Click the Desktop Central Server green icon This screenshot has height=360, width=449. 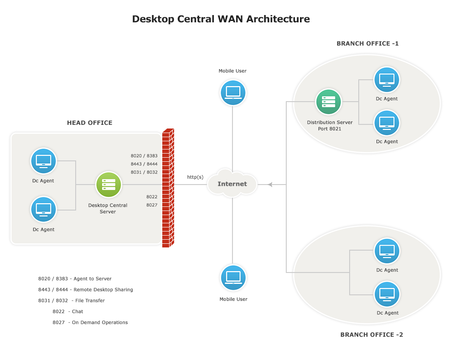[x=108, y=185]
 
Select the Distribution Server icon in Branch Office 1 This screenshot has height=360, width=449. [x=329, y=102]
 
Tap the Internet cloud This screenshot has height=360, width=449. [x=232, y=184]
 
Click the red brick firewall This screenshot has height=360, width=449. [x=168, y=188]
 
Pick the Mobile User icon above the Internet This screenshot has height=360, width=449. [x=233, y=92]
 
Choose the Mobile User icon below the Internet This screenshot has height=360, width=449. [x=233, y=278]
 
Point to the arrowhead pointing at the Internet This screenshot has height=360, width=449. [x=270, y=185]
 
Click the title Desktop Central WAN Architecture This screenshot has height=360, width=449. [x=221, y=19]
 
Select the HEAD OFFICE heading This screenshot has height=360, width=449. [x=89, y=123]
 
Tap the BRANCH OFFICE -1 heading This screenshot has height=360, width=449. [x=367, y=44]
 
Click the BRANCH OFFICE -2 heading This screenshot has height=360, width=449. [x=372, y=335]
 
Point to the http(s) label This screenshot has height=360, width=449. [x=195, y=177]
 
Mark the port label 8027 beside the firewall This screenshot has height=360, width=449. [x=152, y=205]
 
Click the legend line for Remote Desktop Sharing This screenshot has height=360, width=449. [x=86, y=290]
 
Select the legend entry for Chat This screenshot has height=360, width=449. [x=68, y=312]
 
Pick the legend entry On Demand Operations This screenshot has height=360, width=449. [x=90, y=323]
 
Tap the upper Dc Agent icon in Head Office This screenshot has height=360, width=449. [x=43, y=161]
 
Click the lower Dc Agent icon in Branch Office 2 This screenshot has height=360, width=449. [x=387, y=294]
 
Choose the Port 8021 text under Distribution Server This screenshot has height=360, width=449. [x=330, y=129]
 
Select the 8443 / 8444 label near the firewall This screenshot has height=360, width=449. [x=144, y=164]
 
